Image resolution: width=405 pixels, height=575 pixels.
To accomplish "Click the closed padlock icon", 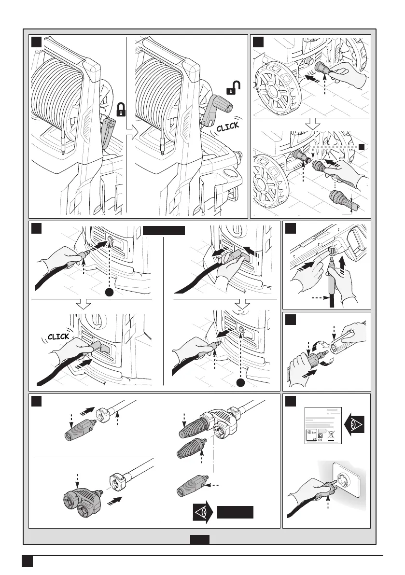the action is click(x=121, y=109).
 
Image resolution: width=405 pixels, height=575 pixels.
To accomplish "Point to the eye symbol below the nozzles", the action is click(x=203, y=512).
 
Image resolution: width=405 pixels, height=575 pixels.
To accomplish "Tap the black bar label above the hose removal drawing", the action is click(x=164, y=230).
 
